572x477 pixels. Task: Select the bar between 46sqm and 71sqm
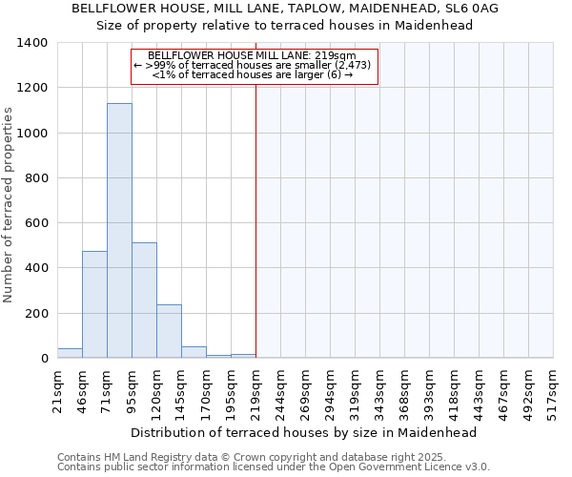(94, 305)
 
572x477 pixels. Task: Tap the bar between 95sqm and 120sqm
(144, 301)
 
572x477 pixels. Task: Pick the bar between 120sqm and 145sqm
(169, 332)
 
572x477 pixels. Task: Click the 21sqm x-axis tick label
(57, 390)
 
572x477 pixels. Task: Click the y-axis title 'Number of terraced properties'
(9, 205)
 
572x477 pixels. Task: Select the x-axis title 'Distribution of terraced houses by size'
(302, 432)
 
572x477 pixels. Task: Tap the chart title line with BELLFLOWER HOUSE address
(285, 9)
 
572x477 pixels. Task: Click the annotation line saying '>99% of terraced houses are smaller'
(253, 65)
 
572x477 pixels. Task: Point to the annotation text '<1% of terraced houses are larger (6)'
(253, 74)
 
